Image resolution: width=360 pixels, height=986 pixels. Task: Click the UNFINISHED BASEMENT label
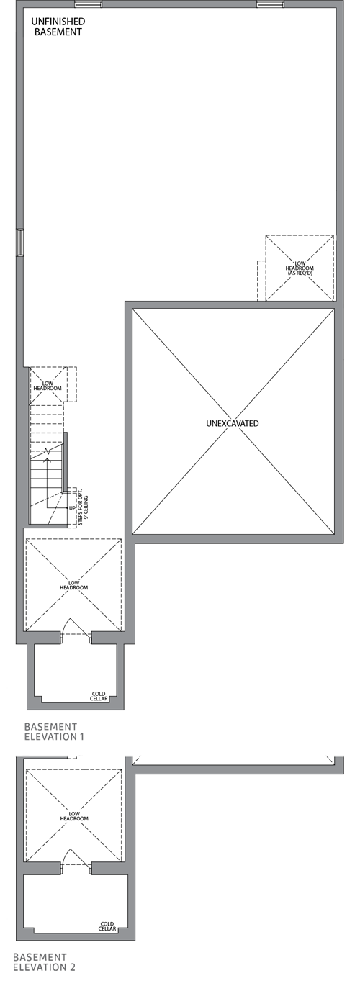pos(57,27)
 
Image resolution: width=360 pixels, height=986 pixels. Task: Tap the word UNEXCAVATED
pos(232,423)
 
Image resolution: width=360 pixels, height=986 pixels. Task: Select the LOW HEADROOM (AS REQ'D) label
pos(299,268)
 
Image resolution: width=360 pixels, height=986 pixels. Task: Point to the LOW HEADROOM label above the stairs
pos(48,385)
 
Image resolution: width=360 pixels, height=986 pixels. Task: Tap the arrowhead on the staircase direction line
pos(48,451)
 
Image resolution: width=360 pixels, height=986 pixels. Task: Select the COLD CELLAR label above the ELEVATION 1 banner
pos(99,697)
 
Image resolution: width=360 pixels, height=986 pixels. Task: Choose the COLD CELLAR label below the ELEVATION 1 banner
pos(107,926)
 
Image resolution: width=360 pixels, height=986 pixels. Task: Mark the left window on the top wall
pos(88,4)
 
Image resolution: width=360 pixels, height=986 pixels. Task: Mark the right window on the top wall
pos(271,4)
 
